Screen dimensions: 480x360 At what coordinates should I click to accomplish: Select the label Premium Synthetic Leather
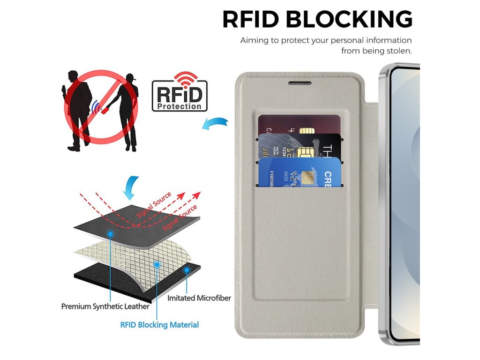point(105,307)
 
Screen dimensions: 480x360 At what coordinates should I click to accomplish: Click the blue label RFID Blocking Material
point(159,324)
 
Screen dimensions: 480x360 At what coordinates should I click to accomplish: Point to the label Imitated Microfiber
point(199,298)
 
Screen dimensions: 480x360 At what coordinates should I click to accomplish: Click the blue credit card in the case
point(300,173)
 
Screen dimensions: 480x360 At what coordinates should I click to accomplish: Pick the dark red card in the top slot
point(281,124)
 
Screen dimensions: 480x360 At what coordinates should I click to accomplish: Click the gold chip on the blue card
point(308,178)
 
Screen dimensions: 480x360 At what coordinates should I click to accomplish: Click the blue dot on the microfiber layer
point(187,270)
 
